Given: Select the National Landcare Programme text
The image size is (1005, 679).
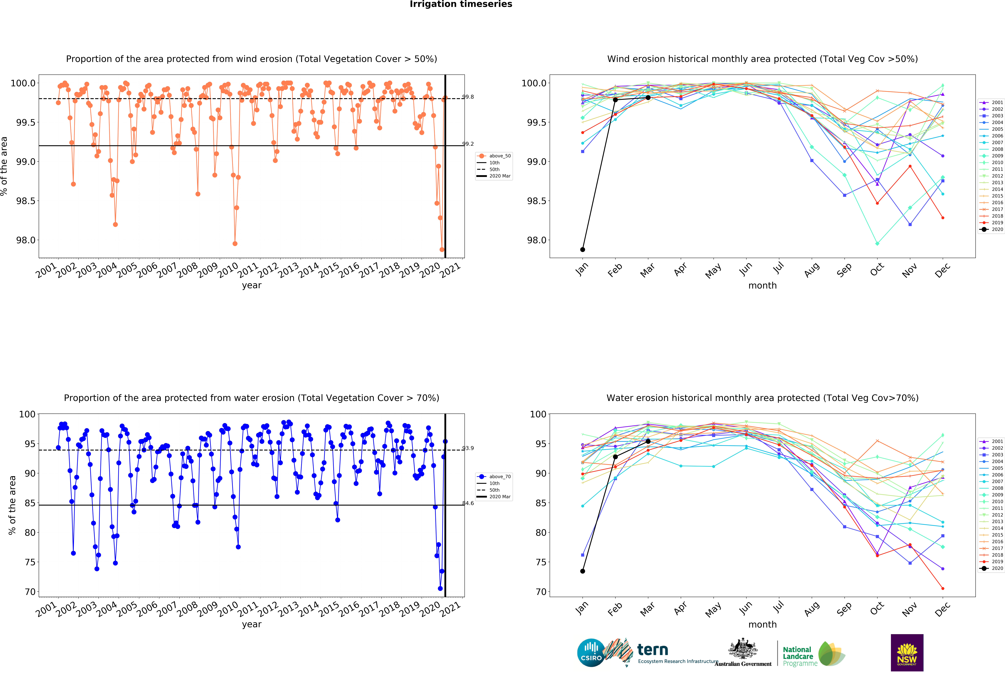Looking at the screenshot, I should point(800,656).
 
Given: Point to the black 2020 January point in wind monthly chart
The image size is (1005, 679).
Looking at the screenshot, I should point(583,249).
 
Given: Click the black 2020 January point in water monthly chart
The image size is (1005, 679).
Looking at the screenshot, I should point(583,571).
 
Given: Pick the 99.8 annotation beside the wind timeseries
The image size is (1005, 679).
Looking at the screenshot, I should point(468,97).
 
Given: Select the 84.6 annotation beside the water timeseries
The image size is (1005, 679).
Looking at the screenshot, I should point(468,503).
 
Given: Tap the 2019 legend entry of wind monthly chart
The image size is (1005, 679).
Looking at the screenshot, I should point(997,223).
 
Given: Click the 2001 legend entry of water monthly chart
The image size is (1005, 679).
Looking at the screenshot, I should point(997,441).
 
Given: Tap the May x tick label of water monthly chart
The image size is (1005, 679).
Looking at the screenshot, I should point(713,609).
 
